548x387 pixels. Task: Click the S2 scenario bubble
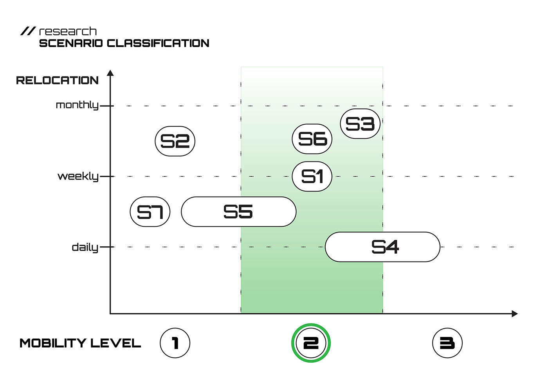pyautogui.click(x=175, y=141)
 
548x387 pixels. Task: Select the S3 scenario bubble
pyautogui.click(x=360, y=124)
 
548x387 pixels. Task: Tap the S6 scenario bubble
pyautogui.click(x=312, y=139)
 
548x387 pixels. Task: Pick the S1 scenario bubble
pyautogui.click(x=312, y=176)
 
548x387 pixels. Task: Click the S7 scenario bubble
pyautogui.click(x=150, y=212)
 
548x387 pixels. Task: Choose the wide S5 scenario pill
pyautogui.click(x=238, y=212)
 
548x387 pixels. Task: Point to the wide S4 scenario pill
pyautogui.click(x=382, y=247)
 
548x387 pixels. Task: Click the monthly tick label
pyautogui.click(x=77, y=105)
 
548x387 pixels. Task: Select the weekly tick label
pyautogui.click(x=78, y=176)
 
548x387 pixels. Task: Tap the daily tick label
pyautogui.click(x=85, y=247)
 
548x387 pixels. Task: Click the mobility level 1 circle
pyautogui.click(x=175, y=343)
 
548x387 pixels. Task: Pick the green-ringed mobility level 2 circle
pyautogui.click(x=311, y=343)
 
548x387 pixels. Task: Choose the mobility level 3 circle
pyautogui.click(x=447, y=343)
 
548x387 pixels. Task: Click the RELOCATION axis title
pyautogui.click(x=57, y=81)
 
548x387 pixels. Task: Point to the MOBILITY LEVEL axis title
pyautogui.click(x=80, y=343)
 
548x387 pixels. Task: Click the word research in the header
pyautogui.click(x=68, y=31)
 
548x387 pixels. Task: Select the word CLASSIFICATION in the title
pyautogui.click(x=158, y=43)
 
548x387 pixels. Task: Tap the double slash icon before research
pyautogui.click(x=28, y=31)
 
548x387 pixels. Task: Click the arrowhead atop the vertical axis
pyautogui.click(x=110, y=73)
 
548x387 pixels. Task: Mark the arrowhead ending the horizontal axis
pyautogui.click(x=515, y=314)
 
